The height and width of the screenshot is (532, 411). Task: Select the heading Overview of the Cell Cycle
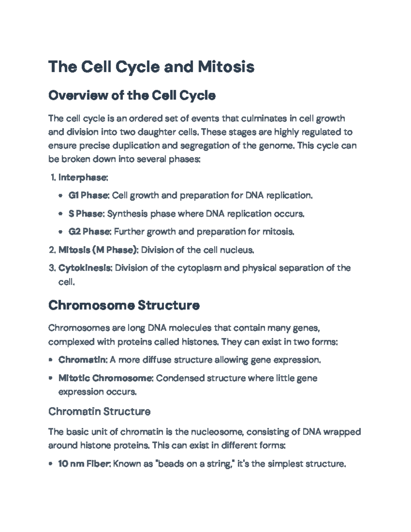(132, 96)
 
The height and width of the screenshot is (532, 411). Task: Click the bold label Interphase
(83, 177)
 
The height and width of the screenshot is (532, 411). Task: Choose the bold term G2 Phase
(89, 232)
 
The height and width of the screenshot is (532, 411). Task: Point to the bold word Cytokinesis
(85, 268)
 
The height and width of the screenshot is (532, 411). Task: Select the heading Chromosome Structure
(124, 305)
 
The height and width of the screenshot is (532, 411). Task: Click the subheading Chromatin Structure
(99, 411)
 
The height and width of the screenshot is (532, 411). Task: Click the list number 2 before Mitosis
(52, 250)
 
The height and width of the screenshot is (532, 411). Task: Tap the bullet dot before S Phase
(61, 214)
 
